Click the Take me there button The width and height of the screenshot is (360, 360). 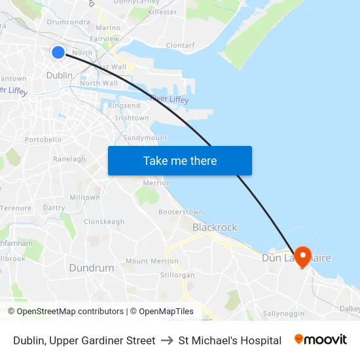click(180, 160)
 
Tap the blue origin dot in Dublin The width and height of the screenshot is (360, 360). click(58, 52)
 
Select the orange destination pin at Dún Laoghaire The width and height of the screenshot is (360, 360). click(302, 256)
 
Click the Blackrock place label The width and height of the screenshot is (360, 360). click(215, 227)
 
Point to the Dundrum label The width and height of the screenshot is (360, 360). click(92, 268)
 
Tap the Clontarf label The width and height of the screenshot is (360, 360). click(181, 45)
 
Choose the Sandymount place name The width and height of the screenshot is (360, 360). click(145, 138)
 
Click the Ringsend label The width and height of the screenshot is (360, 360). click(124, 105)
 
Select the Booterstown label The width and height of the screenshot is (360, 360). click(181, 212)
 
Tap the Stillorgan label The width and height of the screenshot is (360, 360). click(177, 275)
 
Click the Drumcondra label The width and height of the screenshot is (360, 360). click(69, 22)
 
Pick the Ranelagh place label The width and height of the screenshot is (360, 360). click(69, 159)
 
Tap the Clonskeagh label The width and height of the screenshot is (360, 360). click(104, 222)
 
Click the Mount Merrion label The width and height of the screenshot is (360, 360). click(152, 261)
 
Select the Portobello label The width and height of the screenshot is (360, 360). click(43, 139)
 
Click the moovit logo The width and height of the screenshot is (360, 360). click(321, 340)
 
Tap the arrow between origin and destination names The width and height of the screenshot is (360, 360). click(167, 340)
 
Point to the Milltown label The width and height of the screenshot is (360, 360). click(85, 197)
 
